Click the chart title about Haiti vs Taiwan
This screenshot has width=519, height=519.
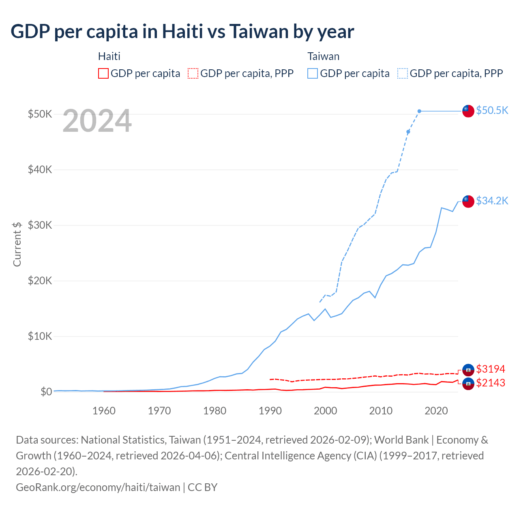coord(182,32)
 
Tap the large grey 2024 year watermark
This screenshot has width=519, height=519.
coord(97,121)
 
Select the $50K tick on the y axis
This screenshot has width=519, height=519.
coord(40,114)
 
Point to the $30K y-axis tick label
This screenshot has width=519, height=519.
coord(40,225)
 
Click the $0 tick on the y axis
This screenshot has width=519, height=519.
coord(46,392)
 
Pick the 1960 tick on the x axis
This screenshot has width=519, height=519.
coord(104,411)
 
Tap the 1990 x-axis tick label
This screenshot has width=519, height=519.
coord(270,411)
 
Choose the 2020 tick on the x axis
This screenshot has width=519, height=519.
coord(436,411)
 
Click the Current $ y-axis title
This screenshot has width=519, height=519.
coord(17,244)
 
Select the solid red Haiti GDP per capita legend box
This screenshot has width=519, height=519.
coord(103,73)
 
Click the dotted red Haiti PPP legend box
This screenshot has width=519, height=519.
coord(193,73)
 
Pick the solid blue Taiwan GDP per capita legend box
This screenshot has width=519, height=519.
coord(313,73)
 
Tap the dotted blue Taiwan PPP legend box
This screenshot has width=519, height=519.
coord(403,73)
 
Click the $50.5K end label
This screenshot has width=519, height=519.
coord(492,110)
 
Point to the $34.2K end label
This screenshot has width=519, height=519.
coord(492,201)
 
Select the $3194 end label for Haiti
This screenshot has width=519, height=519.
coord(491,369)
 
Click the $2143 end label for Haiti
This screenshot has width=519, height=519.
coord(491,383)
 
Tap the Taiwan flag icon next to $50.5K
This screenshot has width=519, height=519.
coord(468,111)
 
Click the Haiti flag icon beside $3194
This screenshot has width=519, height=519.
coord(468,369)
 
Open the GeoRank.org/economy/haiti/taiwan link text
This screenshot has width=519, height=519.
coord(98,487)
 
